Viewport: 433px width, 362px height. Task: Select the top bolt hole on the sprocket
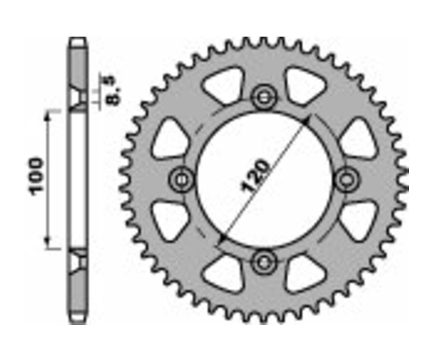pyautogui.click(x=264, y=97)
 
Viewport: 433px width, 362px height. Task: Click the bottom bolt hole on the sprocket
pyautogui.click(x=264, y=261)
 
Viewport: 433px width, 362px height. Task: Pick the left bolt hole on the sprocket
pyautogui.click(x=182, y=180)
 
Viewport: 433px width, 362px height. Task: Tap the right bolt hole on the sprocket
pyautogui.click(x=346, y=180)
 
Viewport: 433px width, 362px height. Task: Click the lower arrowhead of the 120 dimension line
pyautogui.click(x=221, y=239)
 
